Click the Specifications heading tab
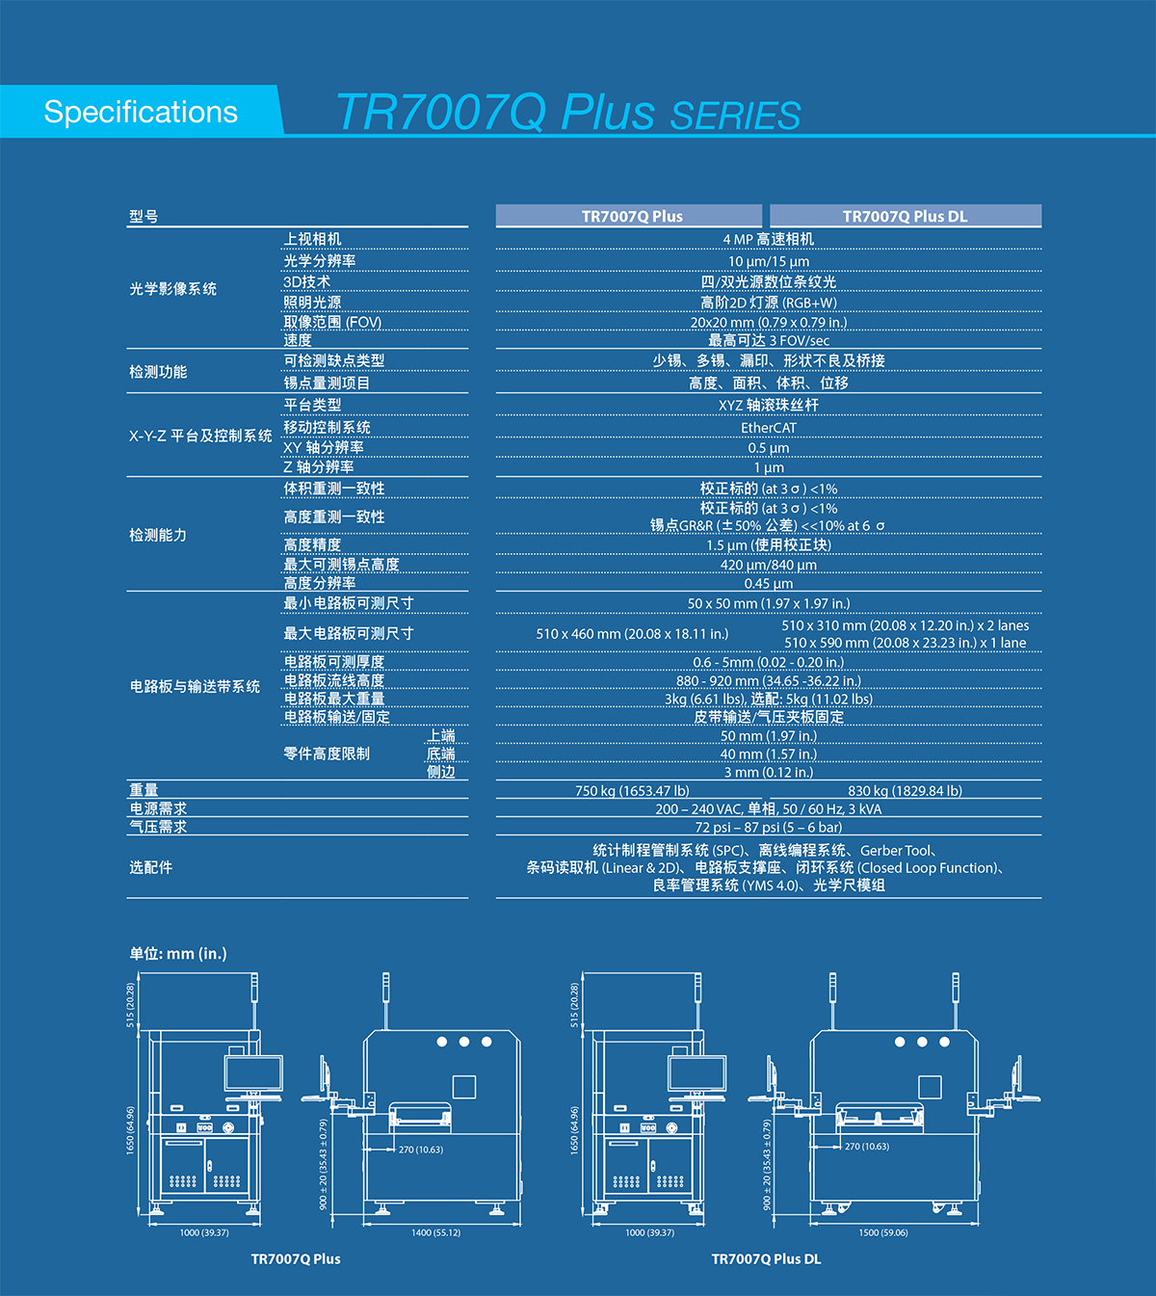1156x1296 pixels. pyautogui.click(x=141, y=112)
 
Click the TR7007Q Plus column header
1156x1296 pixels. pyautogui.click(x=631, y=216)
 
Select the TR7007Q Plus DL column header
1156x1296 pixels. pyautogui.click(x=905, y=216)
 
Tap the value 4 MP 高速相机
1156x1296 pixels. pyautogui.click(x=768, y=239)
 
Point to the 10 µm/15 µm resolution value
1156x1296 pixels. pyautogui.click(x=768, y=261)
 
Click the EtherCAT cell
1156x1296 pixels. pyautogui.click(x=768, y=428)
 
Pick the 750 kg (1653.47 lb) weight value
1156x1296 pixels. pyautogui.click(x=632, y=791)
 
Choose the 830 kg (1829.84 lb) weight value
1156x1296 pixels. pyautogui.click(x=905, y=791)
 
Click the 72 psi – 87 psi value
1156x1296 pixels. pyautogui.click(x=768, y=828)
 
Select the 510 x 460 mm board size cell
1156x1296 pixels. pyautogui.click(x=632, y=634)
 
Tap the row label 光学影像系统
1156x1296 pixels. pyautogui.click(x=173, y=289)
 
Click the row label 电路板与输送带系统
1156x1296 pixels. pyautogui.click(x=195, y=687)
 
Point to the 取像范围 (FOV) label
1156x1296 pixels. pyautogui.click(x=332, y=323)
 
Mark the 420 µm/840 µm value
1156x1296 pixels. pyautogui.click(x=768, y=565)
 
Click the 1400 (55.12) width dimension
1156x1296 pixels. pyautogui.click(x=435, y=1232)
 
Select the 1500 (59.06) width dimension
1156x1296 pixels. pyautogui.click(x=882, y=1232)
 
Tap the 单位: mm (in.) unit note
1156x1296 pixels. pyautogui.click(x=178, y=954)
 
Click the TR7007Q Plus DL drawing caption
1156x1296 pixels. pyautogui.click(x=766, y=1259)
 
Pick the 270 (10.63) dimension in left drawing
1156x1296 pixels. pyautogui.click(x=421, y=1150)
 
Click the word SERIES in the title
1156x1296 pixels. pyautogui.click(x=735, y=117)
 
